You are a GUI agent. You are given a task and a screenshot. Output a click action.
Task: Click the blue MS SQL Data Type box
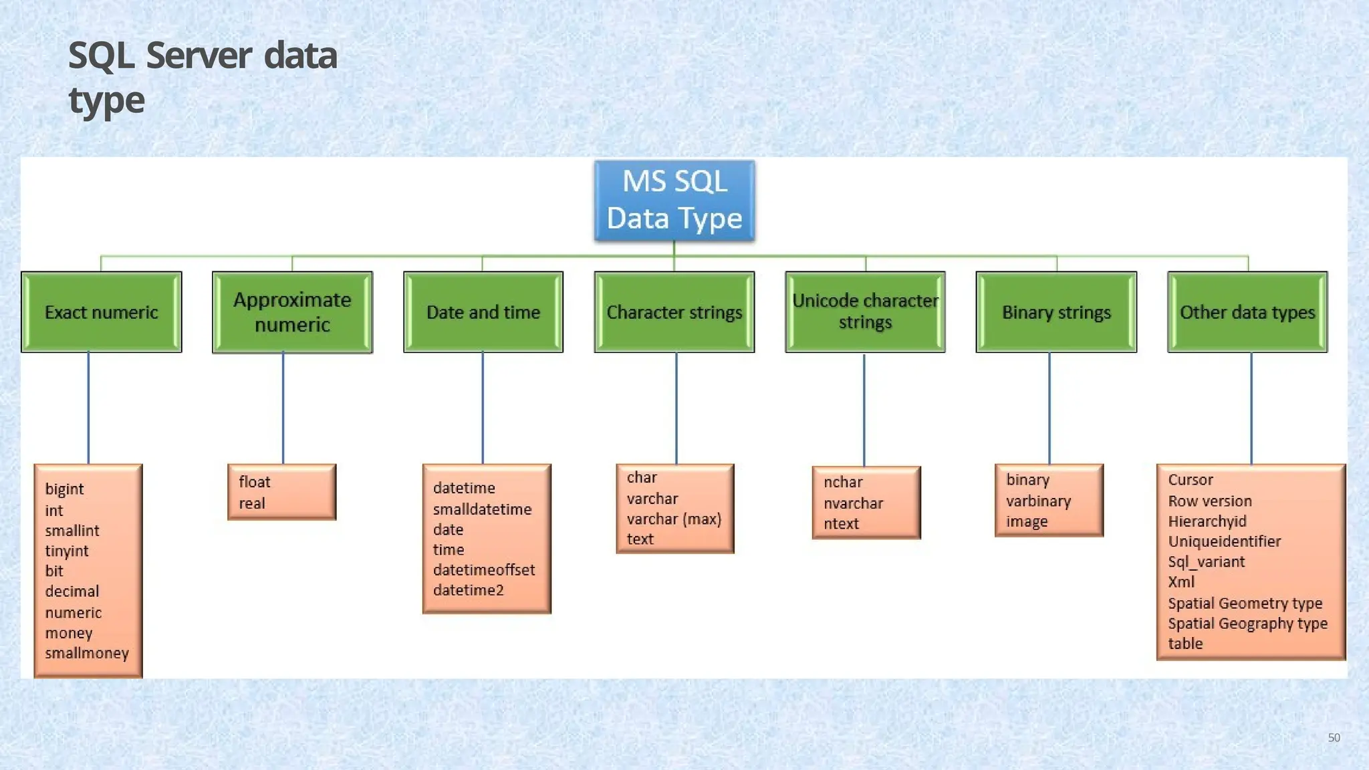point(674,201)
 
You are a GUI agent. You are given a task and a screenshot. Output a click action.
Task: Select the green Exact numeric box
point(102,312)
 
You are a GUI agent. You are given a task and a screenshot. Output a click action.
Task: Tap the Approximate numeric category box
point(292,312)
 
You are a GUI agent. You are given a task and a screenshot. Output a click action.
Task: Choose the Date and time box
point(483,312)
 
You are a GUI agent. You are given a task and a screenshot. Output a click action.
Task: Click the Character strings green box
point(674,312)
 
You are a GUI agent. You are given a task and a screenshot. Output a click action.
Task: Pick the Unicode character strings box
point(865,311)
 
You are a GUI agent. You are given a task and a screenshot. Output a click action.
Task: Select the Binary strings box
point(1056,312)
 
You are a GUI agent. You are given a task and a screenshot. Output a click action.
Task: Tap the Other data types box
point(1247,312)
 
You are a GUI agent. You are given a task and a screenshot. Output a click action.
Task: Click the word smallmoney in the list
point(87,653)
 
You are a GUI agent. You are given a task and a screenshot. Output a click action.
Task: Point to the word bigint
point(64,489)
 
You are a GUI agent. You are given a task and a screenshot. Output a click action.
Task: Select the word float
point(254,482)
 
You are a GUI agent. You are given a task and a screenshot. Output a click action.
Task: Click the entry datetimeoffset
point(484,570)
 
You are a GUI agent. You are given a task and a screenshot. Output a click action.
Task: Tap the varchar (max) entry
point(674,519)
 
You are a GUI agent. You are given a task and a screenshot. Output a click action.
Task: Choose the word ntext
point(841,524)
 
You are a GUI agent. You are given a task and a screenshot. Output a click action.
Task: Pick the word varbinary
point(1038,501)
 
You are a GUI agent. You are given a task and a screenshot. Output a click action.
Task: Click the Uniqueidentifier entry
point(1224,541)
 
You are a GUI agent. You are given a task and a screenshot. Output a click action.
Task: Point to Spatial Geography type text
point(1247,624)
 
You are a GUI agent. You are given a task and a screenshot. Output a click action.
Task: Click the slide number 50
point(1334,738)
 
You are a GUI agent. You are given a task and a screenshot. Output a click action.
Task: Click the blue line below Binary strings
point(1049,408)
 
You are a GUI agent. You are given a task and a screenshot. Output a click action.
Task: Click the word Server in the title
point(199,55)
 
